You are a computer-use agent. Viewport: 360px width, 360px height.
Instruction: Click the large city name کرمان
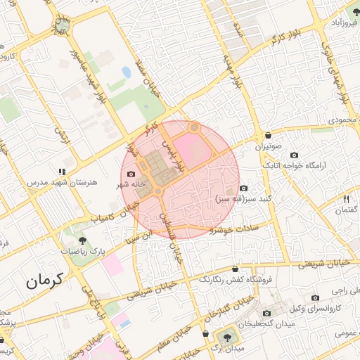pyautogui.click(x=46, y=281)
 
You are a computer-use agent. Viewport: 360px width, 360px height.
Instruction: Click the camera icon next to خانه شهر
pyautogui.click(x=131, y=174)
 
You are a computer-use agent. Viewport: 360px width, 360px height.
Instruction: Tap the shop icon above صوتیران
pyautogui.click(x=268, y=136)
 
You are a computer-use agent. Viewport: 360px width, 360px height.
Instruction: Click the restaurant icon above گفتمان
pyautogui.click(x=346, y=200)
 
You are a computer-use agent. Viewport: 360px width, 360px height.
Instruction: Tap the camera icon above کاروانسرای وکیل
pyautogui.click(x=315, y=297)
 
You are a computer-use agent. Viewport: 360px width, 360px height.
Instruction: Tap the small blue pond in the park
pyautogui.click(x=127, y=72)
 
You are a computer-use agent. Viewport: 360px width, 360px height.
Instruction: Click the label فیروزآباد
pyautogui.click(x=340, y=23)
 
